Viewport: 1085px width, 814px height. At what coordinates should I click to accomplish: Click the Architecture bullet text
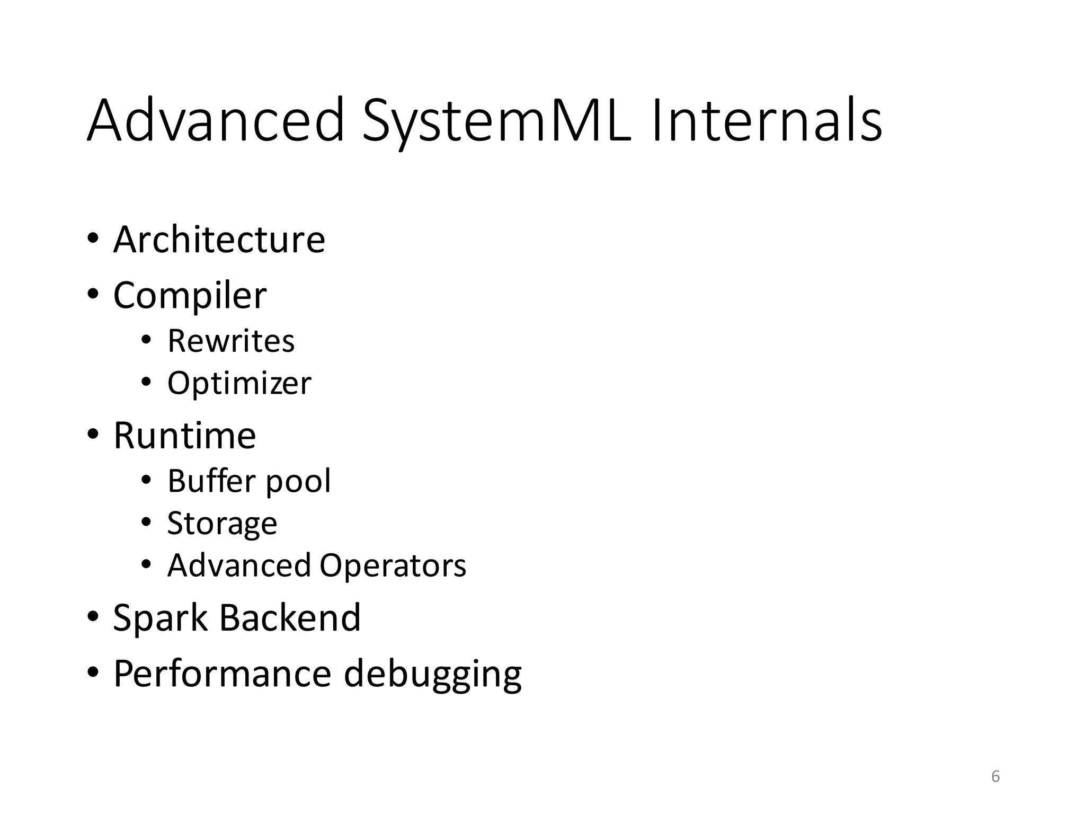pos(219,240)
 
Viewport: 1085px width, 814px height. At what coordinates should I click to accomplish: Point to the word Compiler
pos(190,295)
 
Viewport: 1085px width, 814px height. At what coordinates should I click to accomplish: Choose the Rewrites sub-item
pos(231,341)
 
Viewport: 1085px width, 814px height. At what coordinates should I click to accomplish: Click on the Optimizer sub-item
pos(239,383)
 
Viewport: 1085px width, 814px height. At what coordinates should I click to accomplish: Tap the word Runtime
pos(185,436)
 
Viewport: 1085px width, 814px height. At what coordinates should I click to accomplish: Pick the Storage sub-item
pos(222,524)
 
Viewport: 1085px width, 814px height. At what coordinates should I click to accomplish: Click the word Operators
pos(393,565)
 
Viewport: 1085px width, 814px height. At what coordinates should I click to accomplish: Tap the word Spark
pos(161,618)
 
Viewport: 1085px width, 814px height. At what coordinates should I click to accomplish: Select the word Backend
pos(290,617)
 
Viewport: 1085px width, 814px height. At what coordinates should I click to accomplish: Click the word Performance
pos(223,674)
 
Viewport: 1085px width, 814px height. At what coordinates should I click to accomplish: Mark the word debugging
pos(433,675)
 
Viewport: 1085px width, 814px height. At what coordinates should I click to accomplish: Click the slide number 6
pos(995,777)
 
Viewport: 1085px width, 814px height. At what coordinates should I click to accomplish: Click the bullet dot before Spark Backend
pos(93,616)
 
